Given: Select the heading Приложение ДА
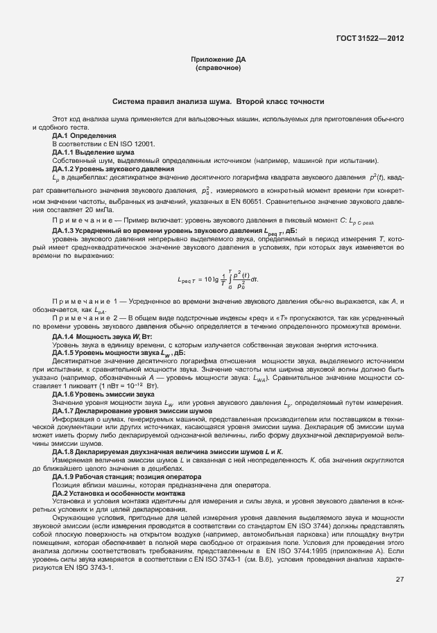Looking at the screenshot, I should tap(218, 60).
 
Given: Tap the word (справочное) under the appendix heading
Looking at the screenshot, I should tap(218, 69).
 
